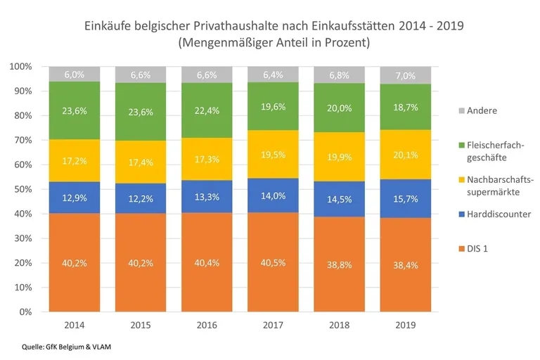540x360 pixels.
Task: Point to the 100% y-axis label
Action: point(20,67)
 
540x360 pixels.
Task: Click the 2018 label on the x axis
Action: point(334,325)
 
